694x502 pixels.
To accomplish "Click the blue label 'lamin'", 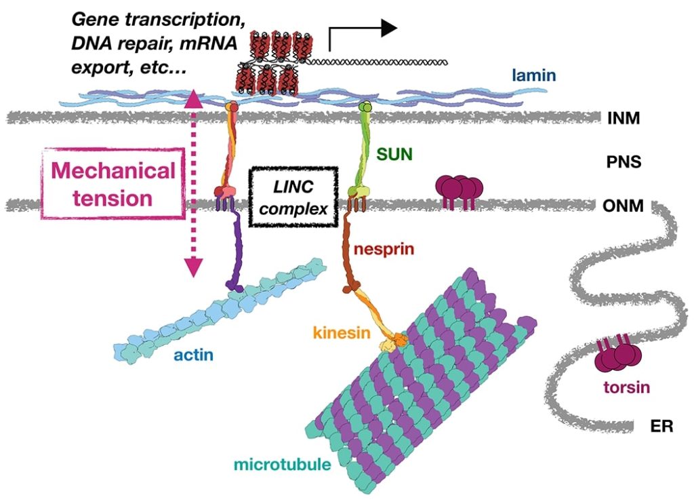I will [x=533, y=77].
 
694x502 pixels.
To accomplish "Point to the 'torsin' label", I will [x=626, y=389].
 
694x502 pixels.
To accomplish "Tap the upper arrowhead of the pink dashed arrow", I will [x=193, y=100].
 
